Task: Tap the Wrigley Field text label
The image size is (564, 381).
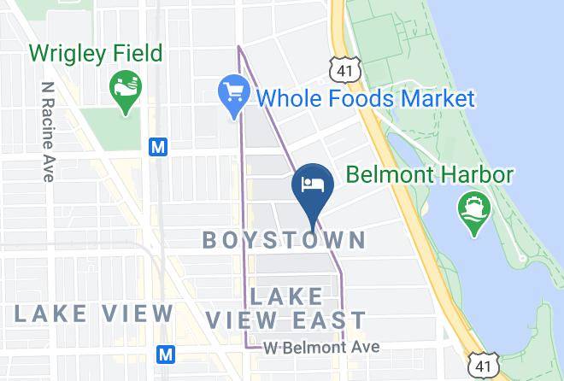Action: tap(96, 54)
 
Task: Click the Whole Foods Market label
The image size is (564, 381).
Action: tap(365, 98)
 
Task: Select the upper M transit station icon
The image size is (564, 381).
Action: tap(157, 147)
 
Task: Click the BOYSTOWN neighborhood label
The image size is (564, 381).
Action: tap(285, 240)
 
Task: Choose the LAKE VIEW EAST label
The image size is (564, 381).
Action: tap(287, 308)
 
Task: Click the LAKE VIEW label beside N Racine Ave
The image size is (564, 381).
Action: tap(93, 314)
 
